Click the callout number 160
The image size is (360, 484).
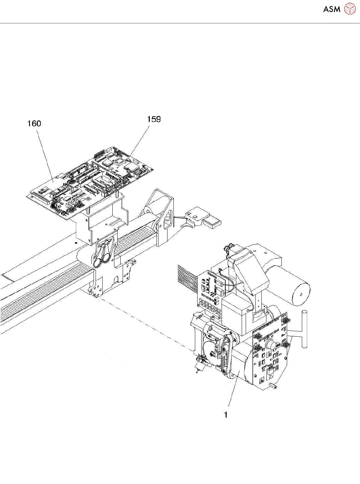[34, 124]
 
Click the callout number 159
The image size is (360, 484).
[154, 119]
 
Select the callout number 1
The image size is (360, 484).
[226, 415]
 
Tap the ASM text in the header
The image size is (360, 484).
[332, 9]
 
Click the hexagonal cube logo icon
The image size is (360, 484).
[350, 9]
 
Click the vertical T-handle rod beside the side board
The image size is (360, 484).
[304, 329]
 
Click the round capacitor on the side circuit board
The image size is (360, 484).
[270, 345]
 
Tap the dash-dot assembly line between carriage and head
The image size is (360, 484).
[144, 324]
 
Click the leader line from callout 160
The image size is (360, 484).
[45, 154]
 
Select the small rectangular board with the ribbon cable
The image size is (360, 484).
[209, 291]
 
